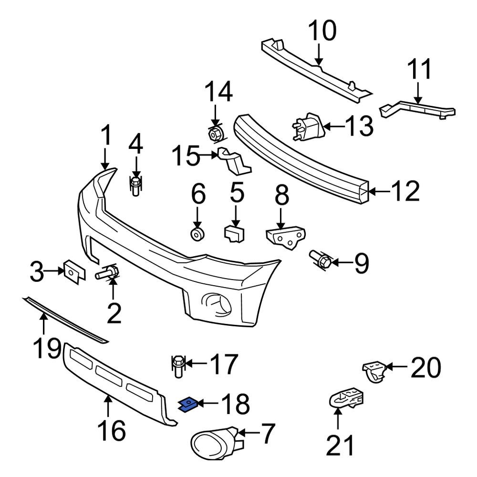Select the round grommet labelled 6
pyautogui.click(x=197, y=234)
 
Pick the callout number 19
pyautogui.click(x=47, y=350)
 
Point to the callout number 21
pyautogui.click(x=341, y=446)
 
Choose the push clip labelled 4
pyautogui.click(x=136, y=187)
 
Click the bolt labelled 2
pyautogui.click(x=108, y=273)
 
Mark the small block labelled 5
pyautogui.click(x=234, y=233)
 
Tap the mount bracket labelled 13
pyautogui.click(x=308, y=127)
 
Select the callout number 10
pyautogui.click(x=322, y=31)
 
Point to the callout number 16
pyautogui.click(x=112, y=431)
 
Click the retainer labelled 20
pyautogui.click(x=374, y=371)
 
